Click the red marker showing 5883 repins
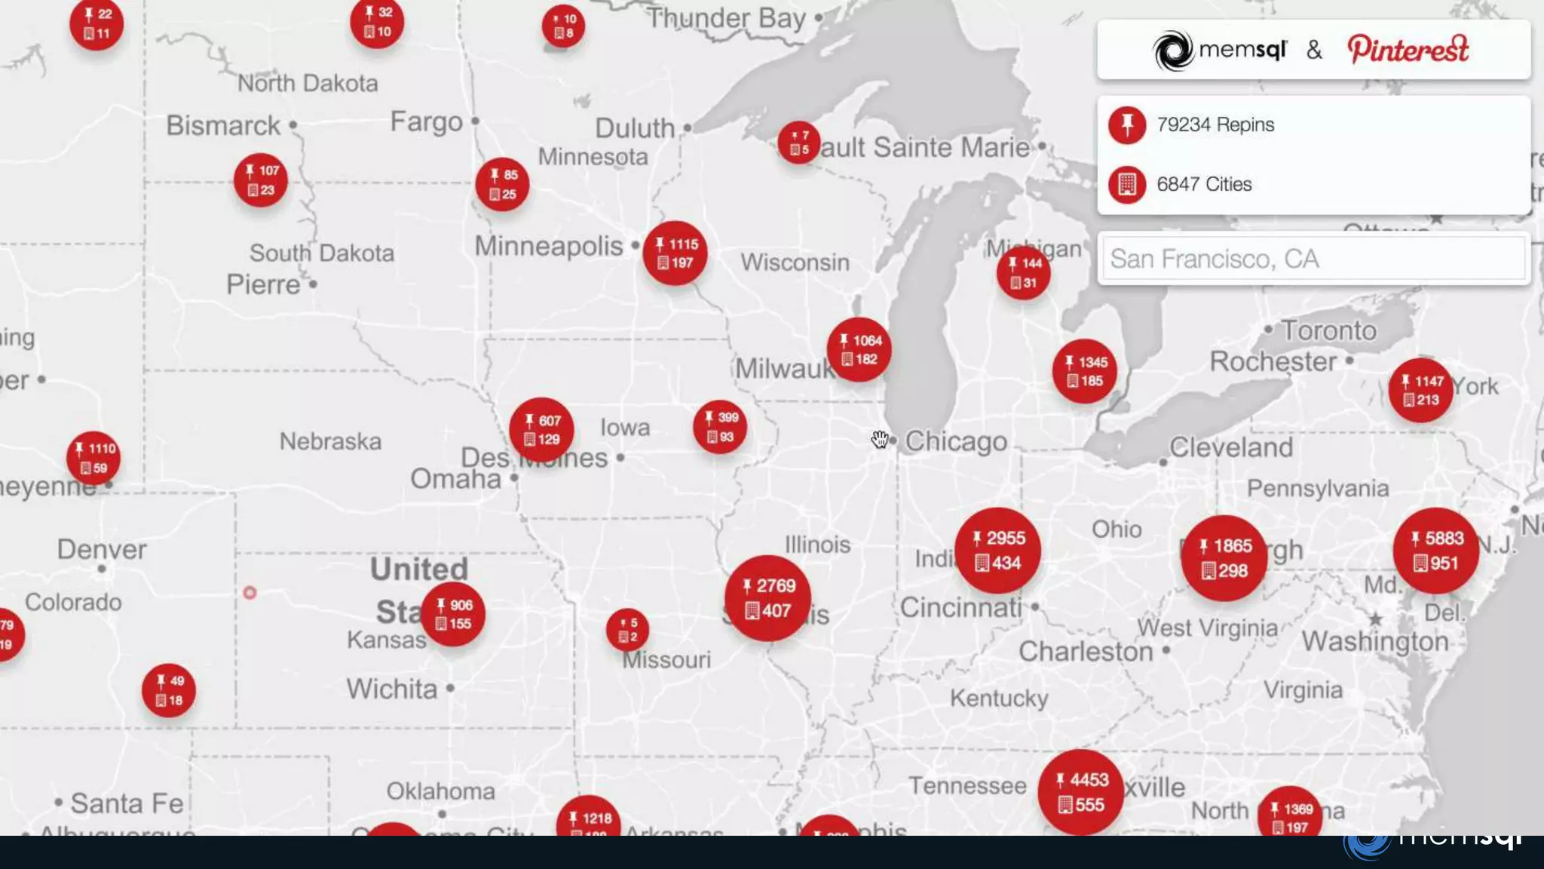coord(1435,551)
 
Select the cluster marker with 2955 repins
coord(997,551)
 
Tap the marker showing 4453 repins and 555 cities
coord(1080,792)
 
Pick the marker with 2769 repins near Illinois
coord(767,598)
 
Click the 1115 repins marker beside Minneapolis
coord(675,253)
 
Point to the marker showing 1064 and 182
coord(859,350)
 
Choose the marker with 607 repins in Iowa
coord(541,430)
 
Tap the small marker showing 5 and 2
coord(627,630)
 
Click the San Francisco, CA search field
coord(1313,259)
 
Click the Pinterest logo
coord(1408,50)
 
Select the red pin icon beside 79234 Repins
coord(1127,124)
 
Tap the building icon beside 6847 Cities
coord(1127,184)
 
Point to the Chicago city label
coord(955,441)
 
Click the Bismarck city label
coord(223,125)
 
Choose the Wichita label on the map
coord(392,689)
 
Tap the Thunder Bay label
coord(726,18)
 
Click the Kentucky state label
coord(999,698)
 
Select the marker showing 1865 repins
coord(1223,558)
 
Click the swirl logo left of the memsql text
coord(1173,51)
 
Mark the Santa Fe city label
coord(127,803)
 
